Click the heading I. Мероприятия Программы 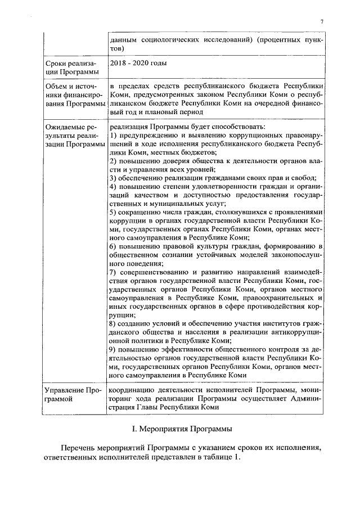pyautogui.click(x=179, y=429)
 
